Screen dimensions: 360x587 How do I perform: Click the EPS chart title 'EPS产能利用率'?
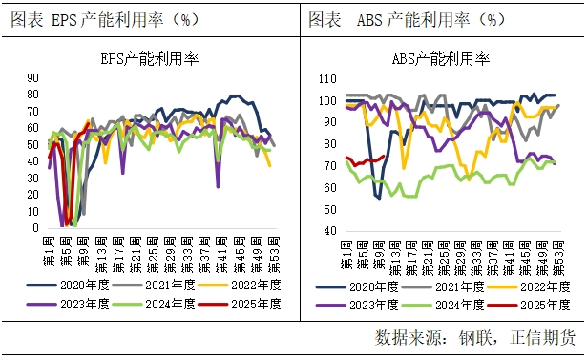[147, 58]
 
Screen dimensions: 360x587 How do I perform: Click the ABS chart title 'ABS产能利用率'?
[441, 58]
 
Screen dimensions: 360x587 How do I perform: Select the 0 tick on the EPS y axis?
[34, 227]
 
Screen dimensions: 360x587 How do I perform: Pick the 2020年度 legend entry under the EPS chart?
[80, 285]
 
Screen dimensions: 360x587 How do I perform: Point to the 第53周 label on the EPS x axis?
[274, 250]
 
